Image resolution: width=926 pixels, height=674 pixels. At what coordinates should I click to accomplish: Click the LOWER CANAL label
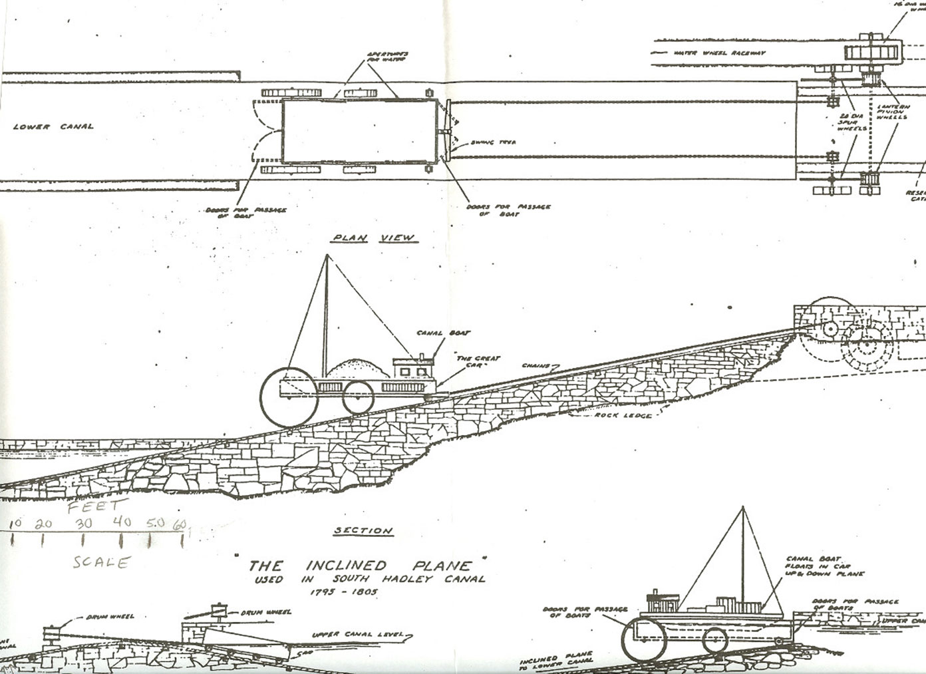pos(53,126)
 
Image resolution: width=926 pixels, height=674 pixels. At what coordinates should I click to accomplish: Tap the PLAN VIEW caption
pos(373,238)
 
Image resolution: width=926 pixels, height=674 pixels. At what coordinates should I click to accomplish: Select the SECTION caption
pos(363,530)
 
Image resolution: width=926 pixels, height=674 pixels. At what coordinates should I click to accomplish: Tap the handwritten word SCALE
pos(100,562)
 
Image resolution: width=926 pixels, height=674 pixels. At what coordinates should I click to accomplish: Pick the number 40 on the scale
pos(122,522)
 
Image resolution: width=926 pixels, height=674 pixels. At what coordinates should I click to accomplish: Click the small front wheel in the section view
pos(357,397)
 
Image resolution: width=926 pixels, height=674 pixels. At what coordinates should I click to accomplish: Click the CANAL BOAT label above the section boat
pos(435,333)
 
